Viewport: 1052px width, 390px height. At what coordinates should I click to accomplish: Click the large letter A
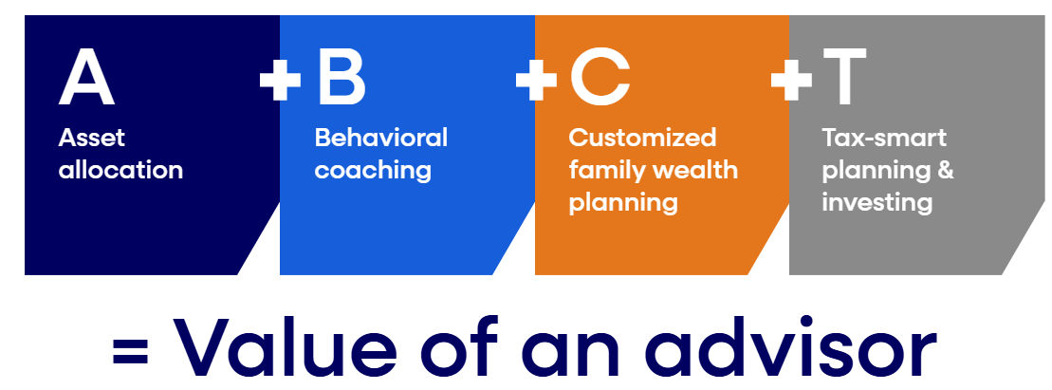(86, 79)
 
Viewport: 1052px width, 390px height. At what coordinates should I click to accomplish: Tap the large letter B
(341, 79)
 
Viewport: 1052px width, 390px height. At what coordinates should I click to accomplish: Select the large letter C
(600, 79)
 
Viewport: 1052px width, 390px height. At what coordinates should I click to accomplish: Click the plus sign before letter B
(280, 81)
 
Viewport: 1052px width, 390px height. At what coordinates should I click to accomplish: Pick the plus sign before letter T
(791, 81)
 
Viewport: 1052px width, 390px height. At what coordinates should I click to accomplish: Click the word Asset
(92, 138)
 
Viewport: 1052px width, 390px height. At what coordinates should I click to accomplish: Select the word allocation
(120, 170)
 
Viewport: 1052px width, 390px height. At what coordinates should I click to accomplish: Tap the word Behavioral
(380, 138)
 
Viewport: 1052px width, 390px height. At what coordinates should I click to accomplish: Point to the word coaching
(373, 171)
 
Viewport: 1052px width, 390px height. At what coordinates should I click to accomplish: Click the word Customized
(642, 138)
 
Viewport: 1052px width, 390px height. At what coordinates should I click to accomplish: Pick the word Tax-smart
(884, 138)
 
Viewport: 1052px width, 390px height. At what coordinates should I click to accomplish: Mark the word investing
(877, 203)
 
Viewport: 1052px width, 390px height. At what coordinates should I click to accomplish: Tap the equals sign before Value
(133, 351)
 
